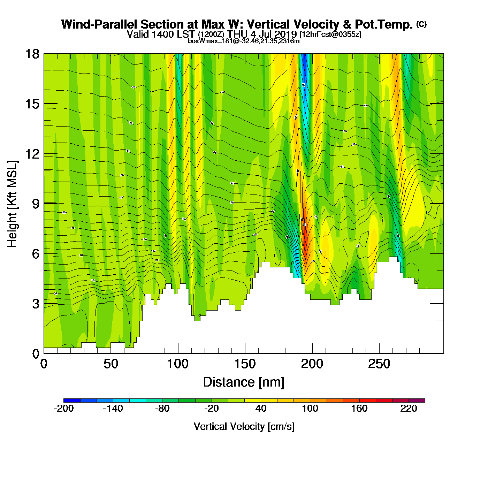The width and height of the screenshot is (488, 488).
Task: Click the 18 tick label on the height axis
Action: [x=32, y=54]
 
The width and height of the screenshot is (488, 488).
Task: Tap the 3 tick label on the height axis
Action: [x=36, y=304]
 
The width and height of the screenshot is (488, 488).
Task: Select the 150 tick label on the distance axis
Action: [x=245, y=364]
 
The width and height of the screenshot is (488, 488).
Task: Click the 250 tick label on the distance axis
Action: [x=379, y=364]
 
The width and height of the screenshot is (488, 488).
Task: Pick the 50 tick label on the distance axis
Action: [x=111, y=364]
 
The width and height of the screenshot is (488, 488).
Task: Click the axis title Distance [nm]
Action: [x=244, y=382]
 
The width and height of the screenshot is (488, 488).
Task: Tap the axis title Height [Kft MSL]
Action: [x=12, y=204]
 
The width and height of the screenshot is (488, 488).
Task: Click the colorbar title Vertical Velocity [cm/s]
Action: [x=244, y=426]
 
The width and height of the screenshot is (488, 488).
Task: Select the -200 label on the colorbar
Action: [x=64, y=409]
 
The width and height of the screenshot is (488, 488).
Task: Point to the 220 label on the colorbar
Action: [x=409, y=409]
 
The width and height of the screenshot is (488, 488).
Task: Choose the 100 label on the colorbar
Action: [x=310, y=409]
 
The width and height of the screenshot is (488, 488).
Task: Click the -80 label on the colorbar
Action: [x=162, y=409]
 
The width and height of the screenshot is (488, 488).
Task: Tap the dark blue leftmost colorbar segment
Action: [x=72, y=401]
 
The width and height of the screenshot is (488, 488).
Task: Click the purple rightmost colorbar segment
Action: [x=417, y=401]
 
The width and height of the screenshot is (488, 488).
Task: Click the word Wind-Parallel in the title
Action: [x=100, y=24]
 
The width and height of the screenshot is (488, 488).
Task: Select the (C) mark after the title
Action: [x=421, y=24]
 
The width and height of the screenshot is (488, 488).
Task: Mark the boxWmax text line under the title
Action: [x=244, y=41]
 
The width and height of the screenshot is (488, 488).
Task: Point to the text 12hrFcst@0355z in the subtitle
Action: [x=330, y=35]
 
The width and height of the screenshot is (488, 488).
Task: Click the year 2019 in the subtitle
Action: [x=285, y=35]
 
